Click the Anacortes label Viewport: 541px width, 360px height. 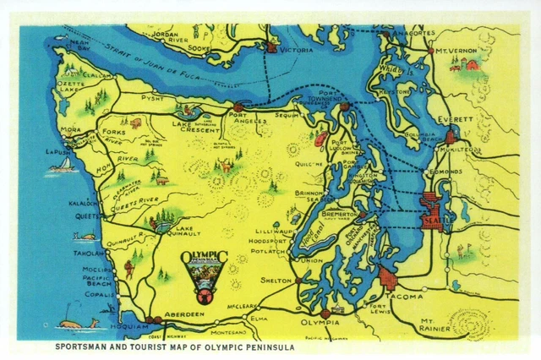[x=413, y=33]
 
